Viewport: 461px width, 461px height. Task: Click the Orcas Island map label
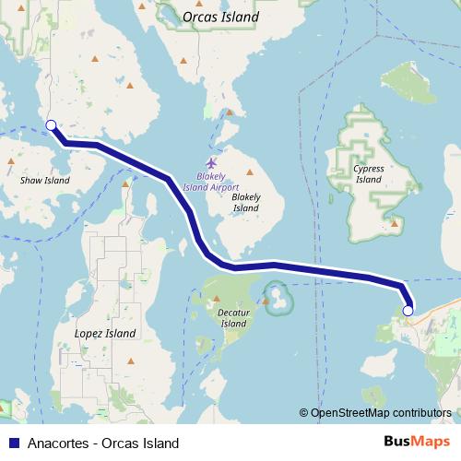tap(220, 17)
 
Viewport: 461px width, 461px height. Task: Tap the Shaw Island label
tap(44, 181)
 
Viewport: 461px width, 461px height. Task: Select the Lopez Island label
tap(104, 333)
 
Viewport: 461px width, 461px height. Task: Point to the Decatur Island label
tap(234, 317)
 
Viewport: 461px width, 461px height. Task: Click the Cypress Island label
tap(369, 173)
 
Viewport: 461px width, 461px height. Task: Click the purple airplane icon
tap(211, 162)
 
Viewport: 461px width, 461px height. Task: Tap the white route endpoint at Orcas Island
tap(51, 125)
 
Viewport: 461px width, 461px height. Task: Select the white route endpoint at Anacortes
tap(408, 312)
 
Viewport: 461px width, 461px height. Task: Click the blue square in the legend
tap(13, 443)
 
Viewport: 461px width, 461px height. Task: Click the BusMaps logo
tap(418, 443)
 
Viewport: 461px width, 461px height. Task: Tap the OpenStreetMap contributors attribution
tap(379, 413)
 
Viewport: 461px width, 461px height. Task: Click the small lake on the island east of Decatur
tap(275, 300)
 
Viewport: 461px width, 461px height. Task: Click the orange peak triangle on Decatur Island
tap(217, 301)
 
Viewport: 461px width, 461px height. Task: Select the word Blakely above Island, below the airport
tap(246, 197)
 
